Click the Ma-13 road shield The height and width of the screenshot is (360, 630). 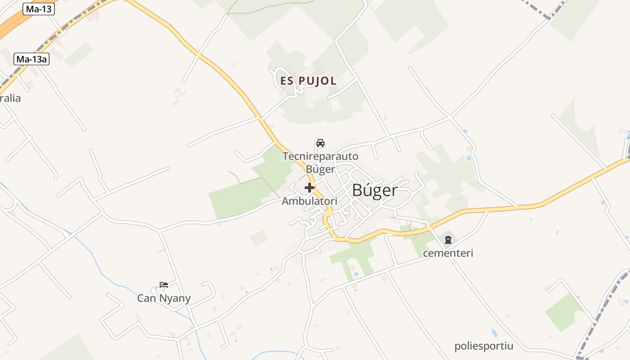click(38, 9)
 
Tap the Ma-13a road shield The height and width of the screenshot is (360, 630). click(31, 59)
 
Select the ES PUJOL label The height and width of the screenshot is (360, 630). click(308, 81)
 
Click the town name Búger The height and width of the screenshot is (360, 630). click(375, 190)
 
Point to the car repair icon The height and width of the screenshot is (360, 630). click(320, 143)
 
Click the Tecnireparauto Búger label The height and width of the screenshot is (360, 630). click(320, 162)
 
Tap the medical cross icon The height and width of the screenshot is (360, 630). click(310, 188)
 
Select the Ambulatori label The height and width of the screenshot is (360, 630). click(310, 201)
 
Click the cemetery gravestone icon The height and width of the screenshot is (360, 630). click(448, 240)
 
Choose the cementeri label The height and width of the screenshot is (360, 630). click(448, 253)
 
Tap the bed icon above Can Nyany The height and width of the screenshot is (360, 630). click(164, 285)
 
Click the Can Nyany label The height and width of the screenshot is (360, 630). click(164, 298)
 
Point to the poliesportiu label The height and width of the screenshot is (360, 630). click(484, 346)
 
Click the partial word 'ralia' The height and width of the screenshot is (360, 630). click(10, 98)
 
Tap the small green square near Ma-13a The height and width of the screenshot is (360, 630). click(79, 54)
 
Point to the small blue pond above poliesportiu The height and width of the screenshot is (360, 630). click(494, 333)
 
